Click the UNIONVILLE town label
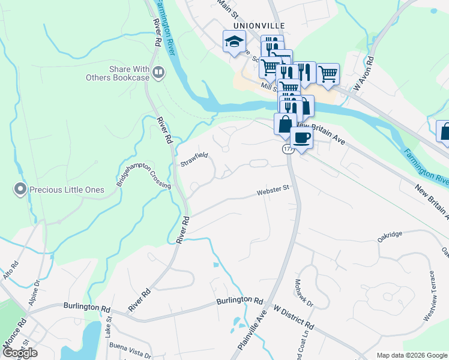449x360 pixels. [x=250, y=26]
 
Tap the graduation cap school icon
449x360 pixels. [x=235, y=41]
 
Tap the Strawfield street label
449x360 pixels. [x=194, y=159]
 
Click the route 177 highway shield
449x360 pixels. [x=288, y=148]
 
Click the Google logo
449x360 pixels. [x=20, y=352]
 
